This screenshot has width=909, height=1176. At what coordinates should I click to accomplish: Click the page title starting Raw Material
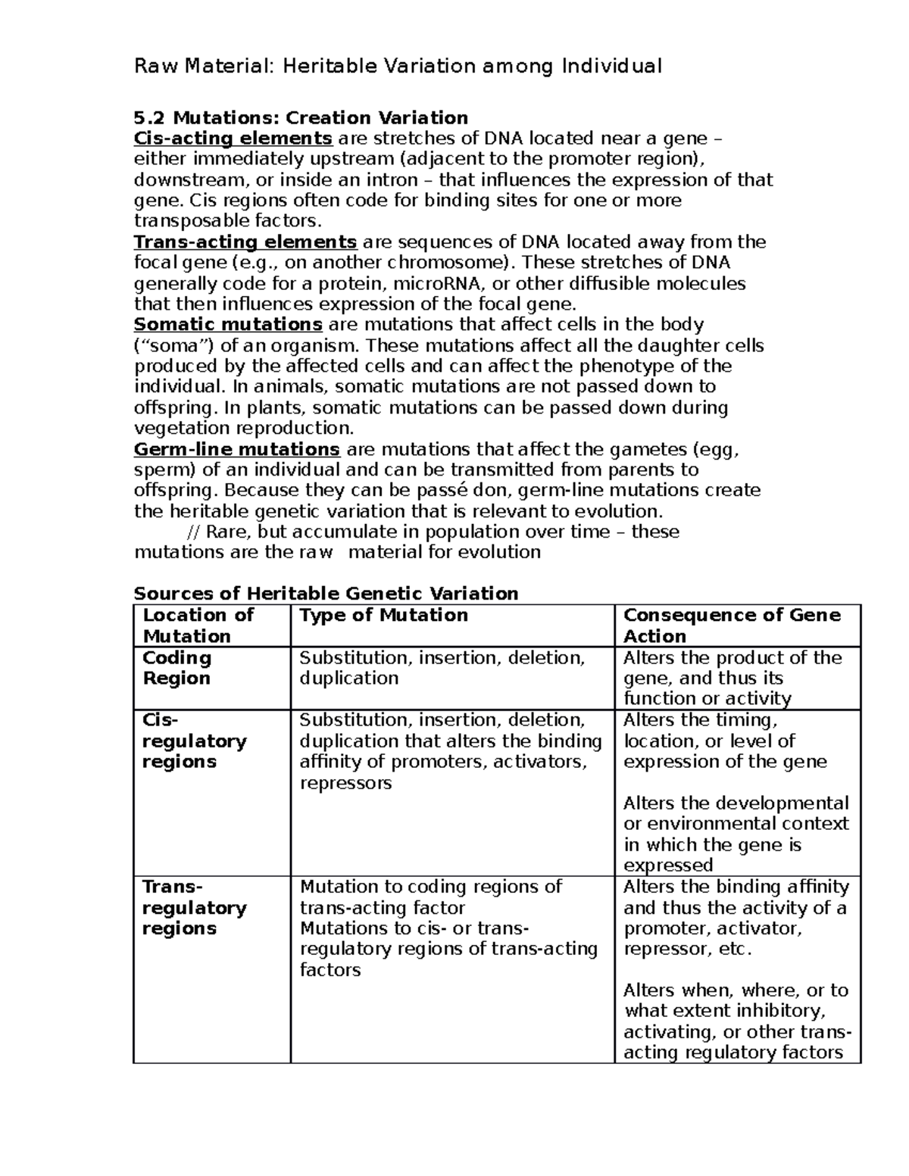[398, 67]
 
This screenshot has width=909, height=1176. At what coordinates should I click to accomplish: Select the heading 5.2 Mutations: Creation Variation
[301, 117]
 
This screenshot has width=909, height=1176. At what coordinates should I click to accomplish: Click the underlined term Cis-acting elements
[233, 139]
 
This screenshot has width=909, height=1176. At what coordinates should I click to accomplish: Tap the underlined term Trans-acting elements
[245, 242]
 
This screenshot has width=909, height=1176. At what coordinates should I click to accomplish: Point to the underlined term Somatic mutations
[228, 325]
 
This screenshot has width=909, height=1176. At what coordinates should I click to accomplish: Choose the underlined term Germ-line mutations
[236, 449]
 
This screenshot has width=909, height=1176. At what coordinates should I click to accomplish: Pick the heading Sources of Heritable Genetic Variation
[326, 593]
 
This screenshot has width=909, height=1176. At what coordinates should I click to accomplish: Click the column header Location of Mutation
[198, 625]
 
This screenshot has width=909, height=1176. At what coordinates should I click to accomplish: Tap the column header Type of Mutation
[383, 616]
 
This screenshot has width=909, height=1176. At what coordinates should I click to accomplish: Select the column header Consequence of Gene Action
[731, 625]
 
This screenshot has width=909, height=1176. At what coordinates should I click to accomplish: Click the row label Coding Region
[177, 668]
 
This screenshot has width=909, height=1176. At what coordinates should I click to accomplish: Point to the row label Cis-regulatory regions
[194, 741]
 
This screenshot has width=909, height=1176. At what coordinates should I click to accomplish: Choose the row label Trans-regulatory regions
[194, 907]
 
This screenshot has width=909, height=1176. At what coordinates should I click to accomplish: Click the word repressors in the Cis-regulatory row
[345, 783]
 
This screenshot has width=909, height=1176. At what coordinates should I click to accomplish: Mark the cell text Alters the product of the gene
[732, 668]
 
